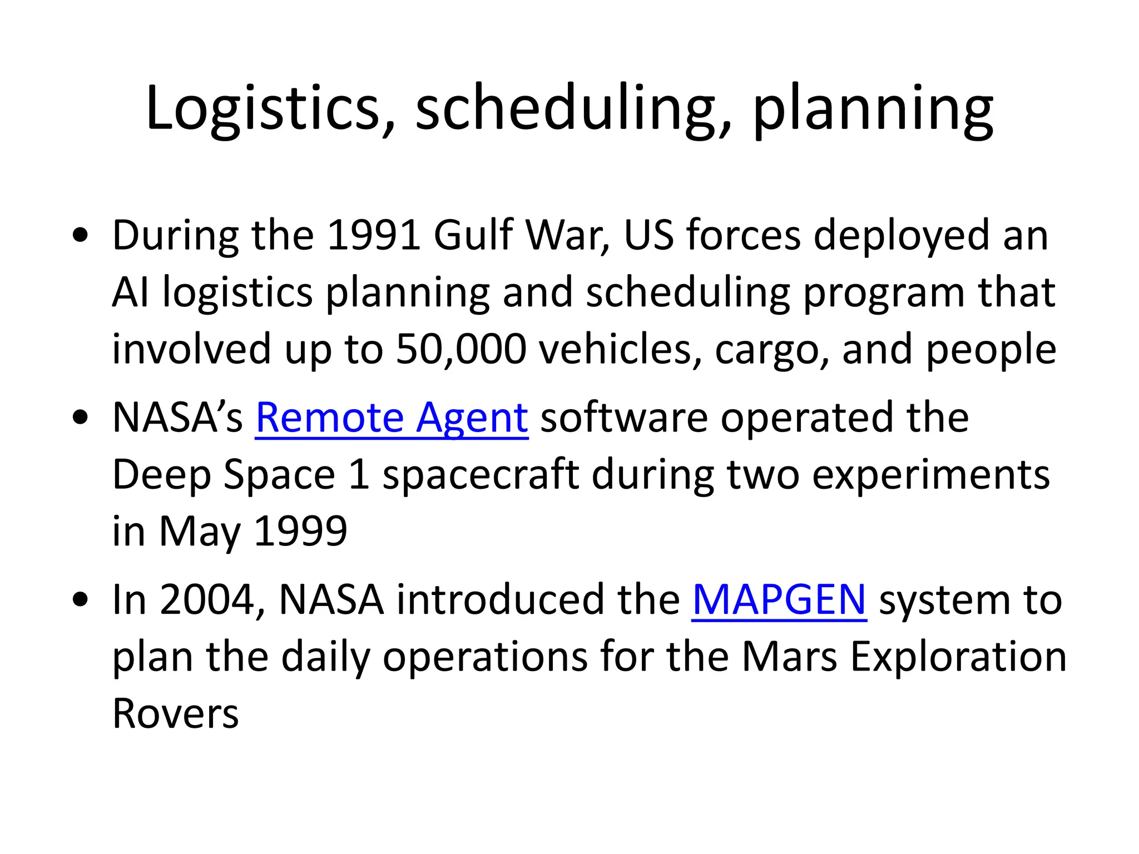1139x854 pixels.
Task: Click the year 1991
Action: coord(373,235)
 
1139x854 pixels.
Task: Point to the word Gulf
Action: coord(473,235)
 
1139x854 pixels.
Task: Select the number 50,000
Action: coord(461,349)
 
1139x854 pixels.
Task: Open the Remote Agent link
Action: coord(392,418)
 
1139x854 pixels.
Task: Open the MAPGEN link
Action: coord(779,600)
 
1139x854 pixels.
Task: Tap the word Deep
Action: coord(161,475)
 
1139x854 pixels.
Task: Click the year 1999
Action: coord(300,532)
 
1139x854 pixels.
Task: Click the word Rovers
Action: coord(175,714)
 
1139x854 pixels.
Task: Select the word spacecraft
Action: coord(481,475)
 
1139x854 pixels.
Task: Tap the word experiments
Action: coord(930,475)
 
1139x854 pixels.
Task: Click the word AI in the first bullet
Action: coord(131,292)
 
